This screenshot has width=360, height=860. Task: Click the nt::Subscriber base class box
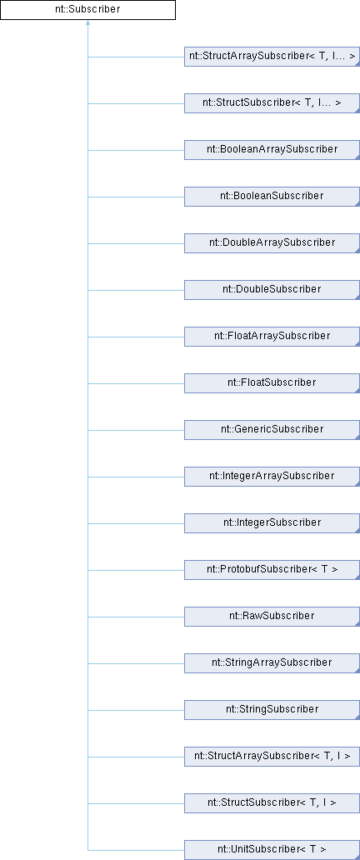point(87,10)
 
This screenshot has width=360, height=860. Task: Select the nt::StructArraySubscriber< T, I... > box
point(272,57)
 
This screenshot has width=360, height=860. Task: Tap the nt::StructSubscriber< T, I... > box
point(272,103)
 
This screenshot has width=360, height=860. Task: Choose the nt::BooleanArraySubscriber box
point(272,150)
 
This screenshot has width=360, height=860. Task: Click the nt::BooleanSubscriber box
point(272,197)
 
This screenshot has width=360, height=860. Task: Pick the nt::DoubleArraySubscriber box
point(272,243)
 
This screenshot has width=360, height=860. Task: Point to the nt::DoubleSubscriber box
point(272,290)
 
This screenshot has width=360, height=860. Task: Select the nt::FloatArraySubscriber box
point(272,336)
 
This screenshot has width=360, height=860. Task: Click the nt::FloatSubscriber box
point(272,382)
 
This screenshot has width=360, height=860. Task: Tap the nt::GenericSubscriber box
point(272,429)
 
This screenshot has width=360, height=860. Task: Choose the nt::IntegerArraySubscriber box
point(272,476)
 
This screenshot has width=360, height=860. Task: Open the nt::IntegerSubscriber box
point(272,522)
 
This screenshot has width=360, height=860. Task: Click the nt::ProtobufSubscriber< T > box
point(272,569)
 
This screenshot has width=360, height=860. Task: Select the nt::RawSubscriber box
point(272,616)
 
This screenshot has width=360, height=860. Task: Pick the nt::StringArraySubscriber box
point(272,662)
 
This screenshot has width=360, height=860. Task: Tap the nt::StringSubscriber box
point(272,709)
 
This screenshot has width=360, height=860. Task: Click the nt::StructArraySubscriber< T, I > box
point(272,756)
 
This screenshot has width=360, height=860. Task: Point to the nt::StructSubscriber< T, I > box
point(272,802)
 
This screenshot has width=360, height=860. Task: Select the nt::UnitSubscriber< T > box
point(272,849)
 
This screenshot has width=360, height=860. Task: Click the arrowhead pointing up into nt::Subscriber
point(87,23)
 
